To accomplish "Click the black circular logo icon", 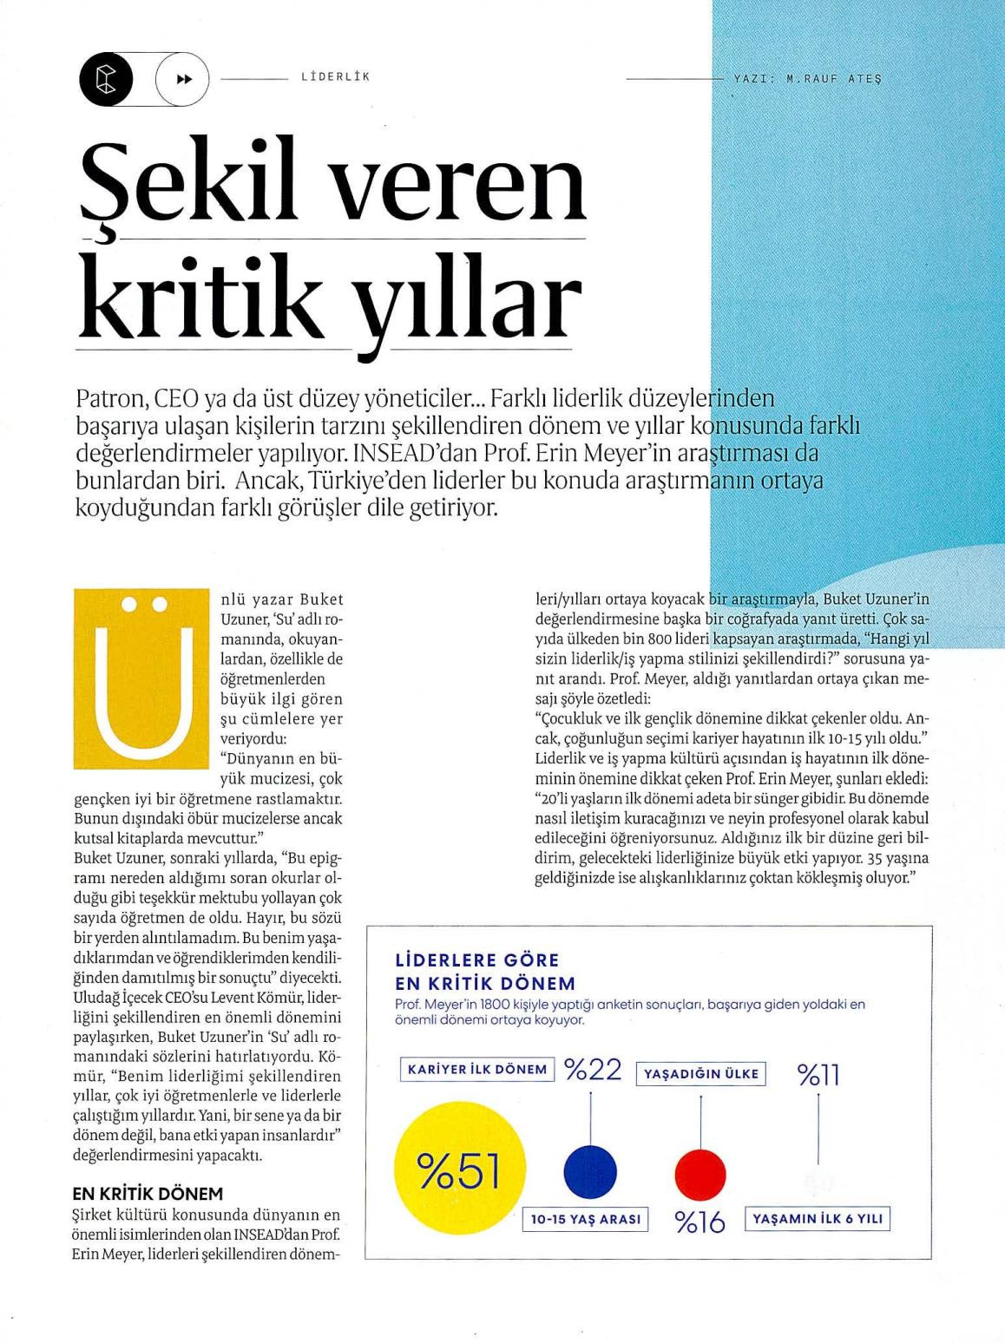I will [x=106, y=79].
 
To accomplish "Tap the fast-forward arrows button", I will [x=183, y=79].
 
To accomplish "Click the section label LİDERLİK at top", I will [x=335, y=77].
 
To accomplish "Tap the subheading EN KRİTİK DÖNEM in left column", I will [x=148, y=1193].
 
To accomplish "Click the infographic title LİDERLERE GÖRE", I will [x=477, y=960].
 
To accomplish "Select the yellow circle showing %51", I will [x=460, y=1171].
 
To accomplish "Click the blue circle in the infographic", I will [x=590, y=1172].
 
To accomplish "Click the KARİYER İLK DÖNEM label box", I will [x=477, y=1070].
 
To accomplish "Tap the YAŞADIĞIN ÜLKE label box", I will [x=701, y=1074].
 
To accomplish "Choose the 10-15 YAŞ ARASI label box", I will [x=586, y=1219].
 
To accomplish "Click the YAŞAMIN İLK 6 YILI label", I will [x=818, y=1219].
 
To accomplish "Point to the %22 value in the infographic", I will [x=594, y=1070].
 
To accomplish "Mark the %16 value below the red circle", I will [x=700, y=1222].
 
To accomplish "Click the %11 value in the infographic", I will [x=818, y=1076].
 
